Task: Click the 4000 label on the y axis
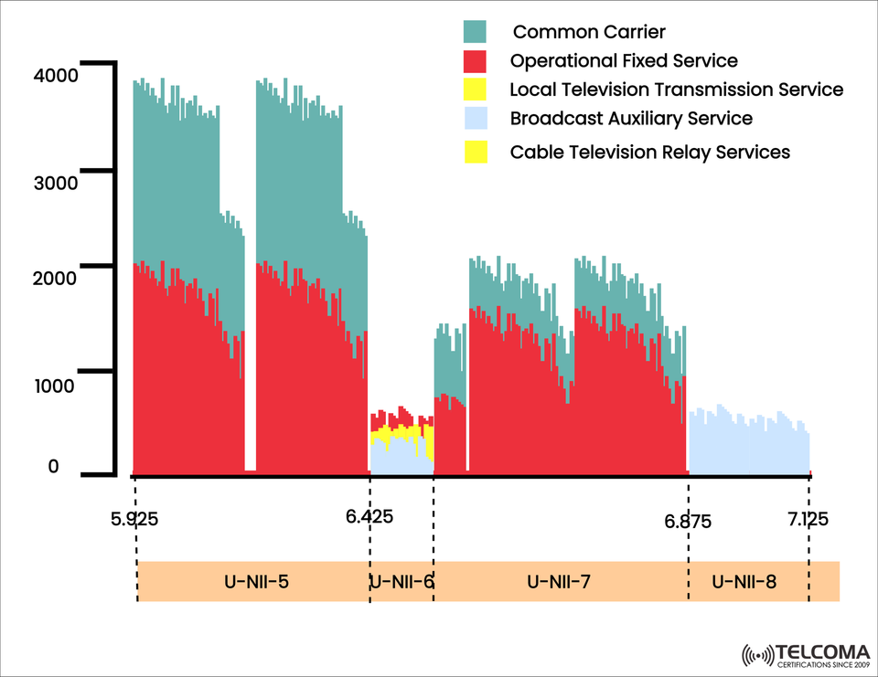(57, 77)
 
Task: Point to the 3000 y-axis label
(57, 182)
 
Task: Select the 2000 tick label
(57, 278)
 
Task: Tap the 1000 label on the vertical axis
(57, 385)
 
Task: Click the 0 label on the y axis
(53, 467)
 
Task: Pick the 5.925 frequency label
(134, 520)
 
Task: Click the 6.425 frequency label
(369, 516)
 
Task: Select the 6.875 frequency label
(688, 522)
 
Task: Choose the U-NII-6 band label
(401, 581)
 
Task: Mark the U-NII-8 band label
(744, 581)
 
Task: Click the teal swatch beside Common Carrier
(476, 33)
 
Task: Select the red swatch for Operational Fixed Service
(476, 61)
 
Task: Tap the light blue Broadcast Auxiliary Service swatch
(476, 119)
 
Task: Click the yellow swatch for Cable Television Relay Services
(476, 152)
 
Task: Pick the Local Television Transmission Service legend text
(676, 90)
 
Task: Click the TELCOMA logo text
(818, 652)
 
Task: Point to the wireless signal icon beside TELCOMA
(757, 655)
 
